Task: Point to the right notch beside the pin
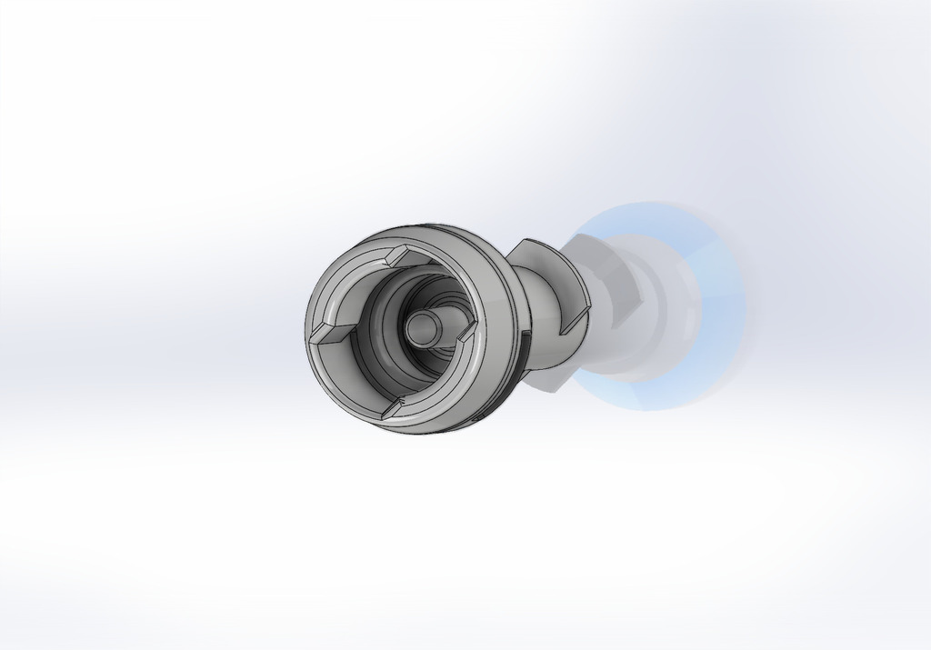pos(463,335)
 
